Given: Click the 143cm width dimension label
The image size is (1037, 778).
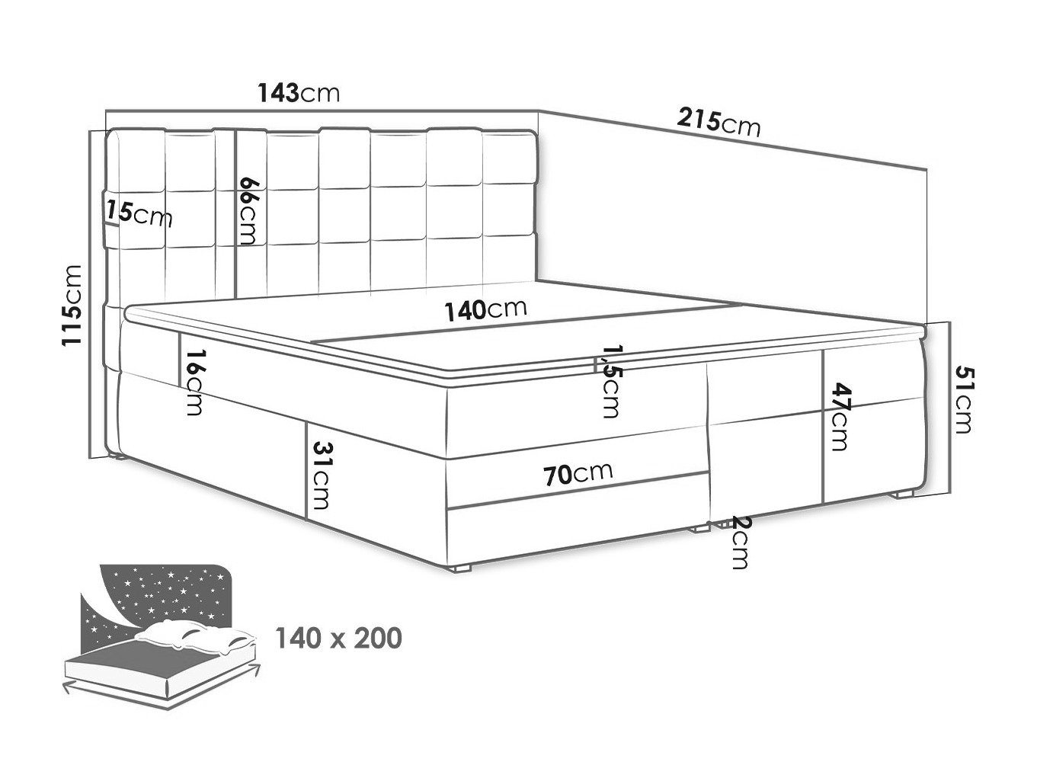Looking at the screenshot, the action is coord(299,93).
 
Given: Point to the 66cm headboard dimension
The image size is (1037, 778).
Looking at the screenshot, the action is coord(249,210).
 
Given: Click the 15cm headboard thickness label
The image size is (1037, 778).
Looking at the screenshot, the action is coord(139,213).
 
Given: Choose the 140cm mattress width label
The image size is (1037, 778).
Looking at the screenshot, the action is coord(485,309).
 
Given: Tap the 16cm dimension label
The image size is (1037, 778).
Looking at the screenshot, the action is coord(194,383).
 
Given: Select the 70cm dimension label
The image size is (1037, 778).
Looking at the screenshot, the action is coord(578,474).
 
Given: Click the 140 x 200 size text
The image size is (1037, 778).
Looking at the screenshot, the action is coord(338,638).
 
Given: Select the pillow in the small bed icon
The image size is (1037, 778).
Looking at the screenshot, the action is coord(196,638).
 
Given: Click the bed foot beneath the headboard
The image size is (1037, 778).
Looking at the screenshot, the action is coord(117,456).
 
